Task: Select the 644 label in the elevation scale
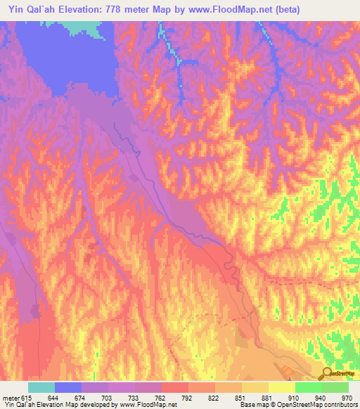point(53,398)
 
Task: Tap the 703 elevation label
point(107,398)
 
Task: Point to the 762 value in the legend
point(160,398)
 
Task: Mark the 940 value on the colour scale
point(321,398)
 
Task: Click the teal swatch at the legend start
point(41,387)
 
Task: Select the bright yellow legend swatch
point(281,387)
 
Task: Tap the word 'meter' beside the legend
point(11,398)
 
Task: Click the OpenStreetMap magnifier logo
point(327,375)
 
